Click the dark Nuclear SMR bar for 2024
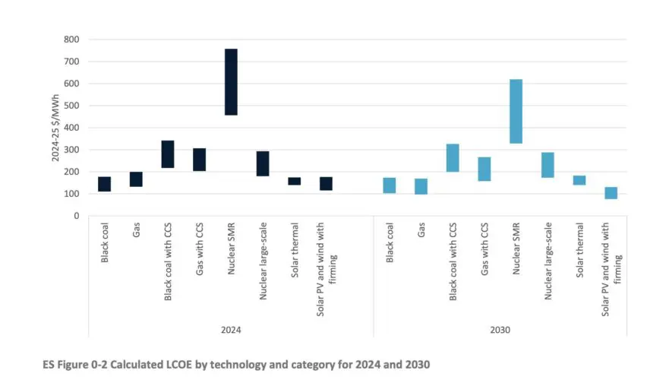click(x=231, y=82)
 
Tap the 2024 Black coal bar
click(x=104, y=184)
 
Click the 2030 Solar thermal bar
click(x=579, y=180)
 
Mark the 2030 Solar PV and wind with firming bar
click(x=611, y=193)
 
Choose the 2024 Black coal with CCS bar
click(x=168, y=154)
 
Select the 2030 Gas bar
click(x=421, y=186)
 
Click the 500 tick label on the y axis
click(x=71, y=106)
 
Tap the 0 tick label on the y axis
click(x=76, y=216)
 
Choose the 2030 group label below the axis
click(x=500, y=331)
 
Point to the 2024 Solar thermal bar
click(x=294, y=181)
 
